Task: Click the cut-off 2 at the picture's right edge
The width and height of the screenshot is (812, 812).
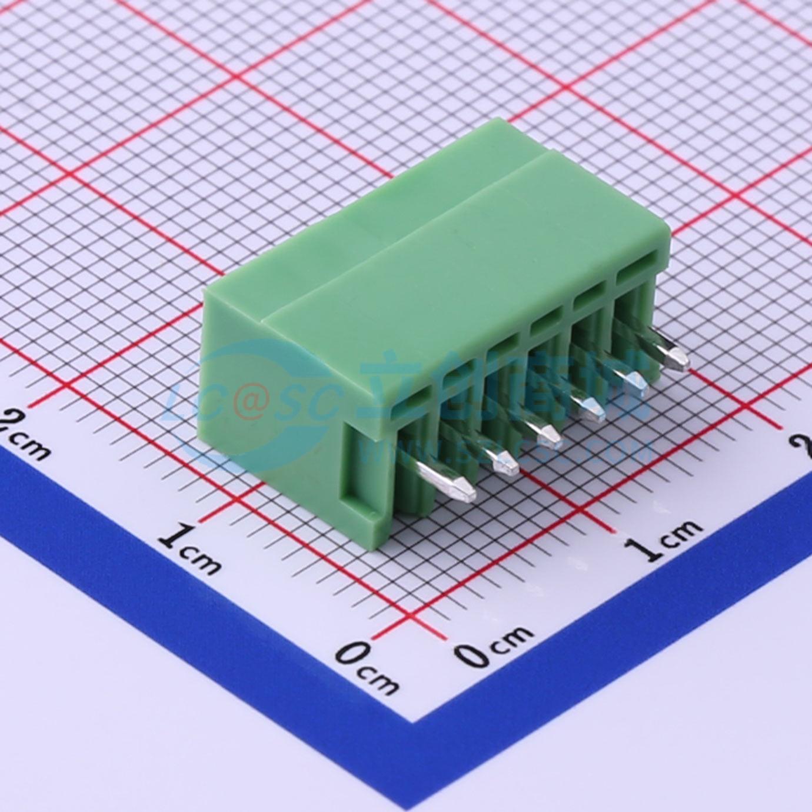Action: click(x=805, y=447)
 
